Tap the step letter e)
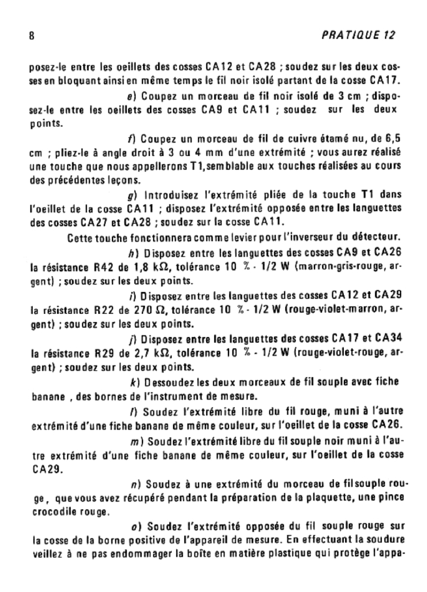(x=130, y=95)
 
